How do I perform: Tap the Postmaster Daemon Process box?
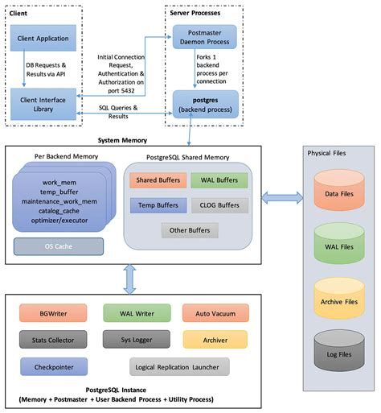pos(203,38)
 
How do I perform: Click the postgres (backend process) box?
pos(203,104)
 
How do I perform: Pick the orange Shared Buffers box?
pos(157,180)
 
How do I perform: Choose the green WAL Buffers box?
pos(219,180)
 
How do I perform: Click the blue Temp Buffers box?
pos(157,204)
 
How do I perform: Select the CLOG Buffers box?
pos(219,204)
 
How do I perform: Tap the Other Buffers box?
pos(187,231)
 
